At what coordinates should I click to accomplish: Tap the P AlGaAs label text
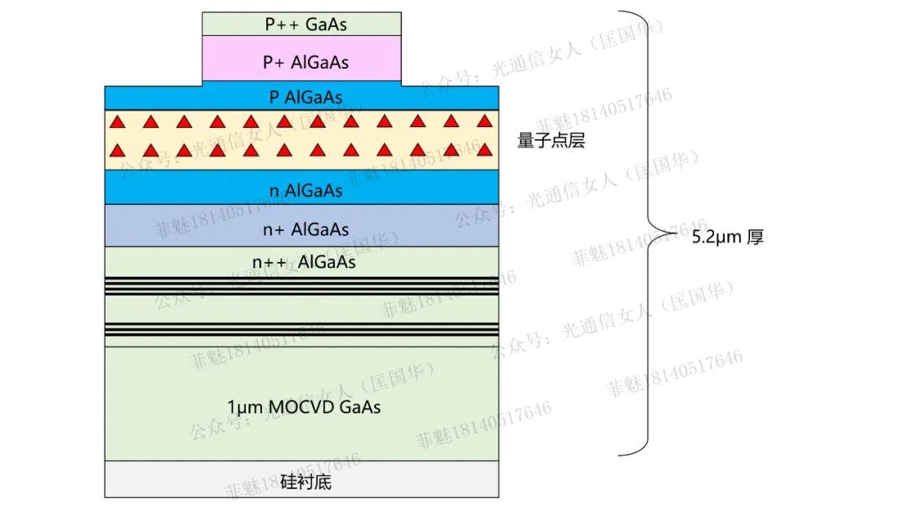[x=306, y=97]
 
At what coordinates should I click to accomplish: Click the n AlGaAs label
[x=306, y=191]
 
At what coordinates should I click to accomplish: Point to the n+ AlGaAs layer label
[x=306, y=228]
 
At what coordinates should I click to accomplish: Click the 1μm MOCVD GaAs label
[x=304, y=408]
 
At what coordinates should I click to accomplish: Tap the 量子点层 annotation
[x=551, y=141]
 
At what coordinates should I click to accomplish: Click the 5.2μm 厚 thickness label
[x=727, y=238]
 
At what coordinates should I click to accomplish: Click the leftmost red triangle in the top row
[x=119, y=121]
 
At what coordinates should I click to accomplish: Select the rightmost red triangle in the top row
[x=483, y=121]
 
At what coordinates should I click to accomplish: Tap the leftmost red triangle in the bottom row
[x=119, y=151]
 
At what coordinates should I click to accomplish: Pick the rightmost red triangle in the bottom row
[x=483, y=151]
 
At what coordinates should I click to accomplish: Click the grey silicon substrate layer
[x=167, y=483]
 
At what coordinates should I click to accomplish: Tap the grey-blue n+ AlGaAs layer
[x=167, y=225]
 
